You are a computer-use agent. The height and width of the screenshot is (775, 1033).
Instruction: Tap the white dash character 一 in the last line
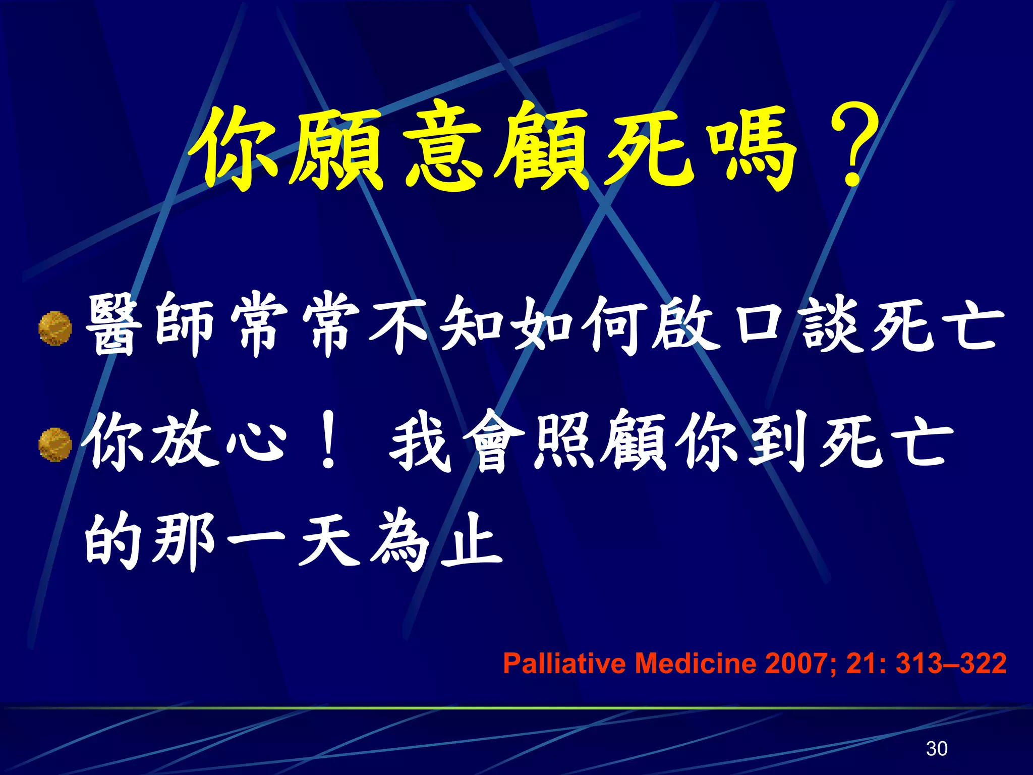tap(256, 540)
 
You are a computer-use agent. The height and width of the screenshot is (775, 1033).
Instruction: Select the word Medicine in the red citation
tap(695, 663)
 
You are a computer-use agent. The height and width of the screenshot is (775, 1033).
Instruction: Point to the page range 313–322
tap(951, 663)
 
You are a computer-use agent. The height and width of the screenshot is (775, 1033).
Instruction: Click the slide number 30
tap(937, 748)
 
